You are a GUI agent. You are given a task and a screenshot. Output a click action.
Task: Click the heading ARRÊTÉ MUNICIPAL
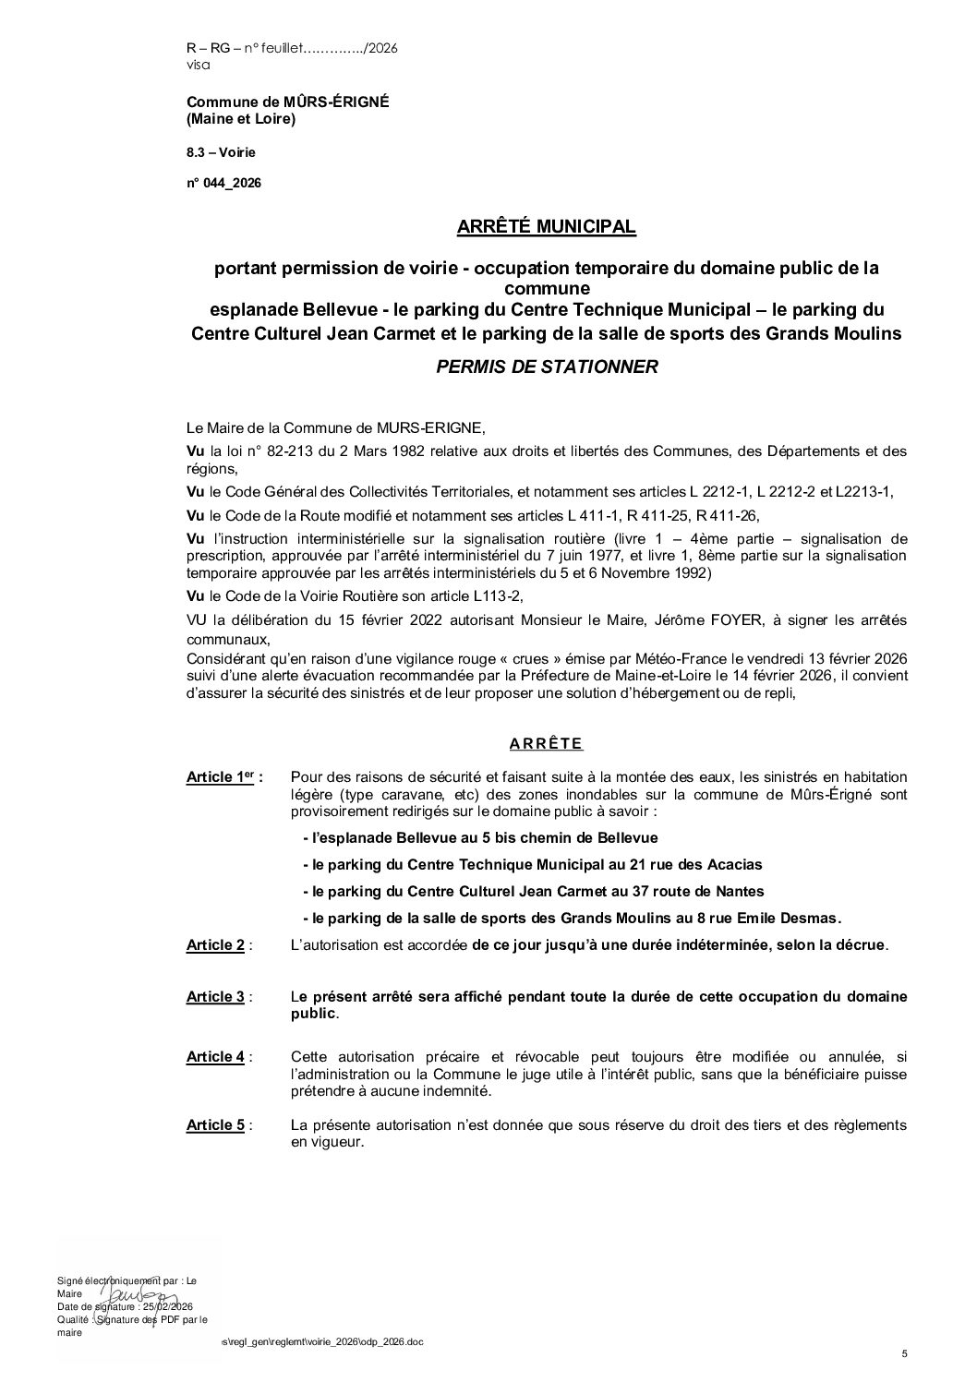[547, 226]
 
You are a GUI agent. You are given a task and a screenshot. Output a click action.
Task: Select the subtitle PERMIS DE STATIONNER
[547, 367]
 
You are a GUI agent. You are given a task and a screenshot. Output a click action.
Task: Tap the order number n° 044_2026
[223, 184]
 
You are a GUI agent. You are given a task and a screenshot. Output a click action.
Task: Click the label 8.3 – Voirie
[221, 151]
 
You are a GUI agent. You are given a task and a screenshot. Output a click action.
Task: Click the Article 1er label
[223, 777]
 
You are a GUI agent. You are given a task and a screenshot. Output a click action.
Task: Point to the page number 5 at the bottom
[905, 1354]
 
